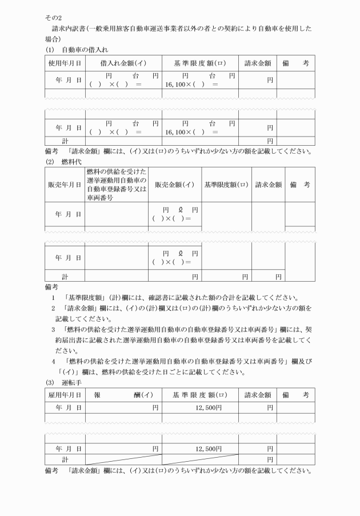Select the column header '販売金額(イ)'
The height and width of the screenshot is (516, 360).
pos(175,185)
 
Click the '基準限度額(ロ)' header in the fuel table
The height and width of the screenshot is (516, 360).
pos(226,185)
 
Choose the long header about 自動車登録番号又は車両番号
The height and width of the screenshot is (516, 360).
pos(116,185)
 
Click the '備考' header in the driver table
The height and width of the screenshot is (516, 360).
pos(296,395)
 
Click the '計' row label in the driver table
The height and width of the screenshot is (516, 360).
pos(64,459)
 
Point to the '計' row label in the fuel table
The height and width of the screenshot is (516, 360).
pos(64,276)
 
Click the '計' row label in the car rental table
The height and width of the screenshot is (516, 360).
pos(64,140)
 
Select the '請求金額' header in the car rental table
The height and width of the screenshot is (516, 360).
pos(257,63)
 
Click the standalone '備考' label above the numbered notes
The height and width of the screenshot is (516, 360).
pos(51,286)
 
